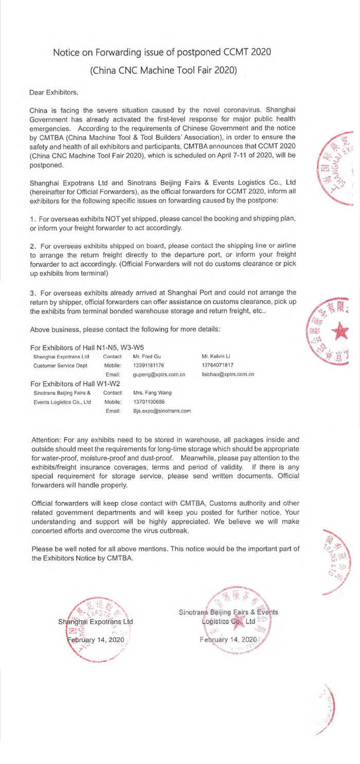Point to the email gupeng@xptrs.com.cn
159,375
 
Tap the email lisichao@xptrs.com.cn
228,375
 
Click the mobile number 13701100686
148,402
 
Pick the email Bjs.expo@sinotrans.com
162,411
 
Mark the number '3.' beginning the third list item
34,293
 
